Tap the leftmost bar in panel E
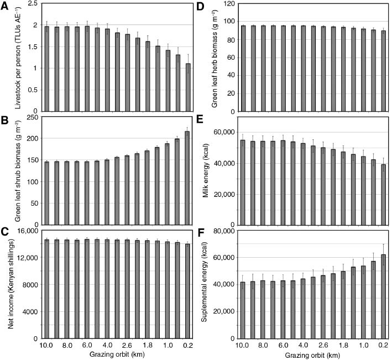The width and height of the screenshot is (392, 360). [243, 182]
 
